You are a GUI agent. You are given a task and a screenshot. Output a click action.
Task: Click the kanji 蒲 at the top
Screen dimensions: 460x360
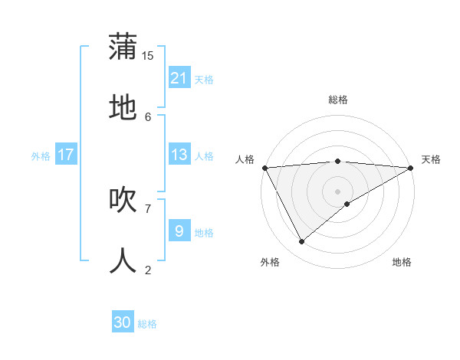(123, 47)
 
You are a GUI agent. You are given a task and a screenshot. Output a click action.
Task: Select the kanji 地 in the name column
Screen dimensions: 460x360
(123, 108)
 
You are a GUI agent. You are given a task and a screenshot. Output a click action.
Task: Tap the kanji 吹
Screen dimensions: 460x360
(123, 199)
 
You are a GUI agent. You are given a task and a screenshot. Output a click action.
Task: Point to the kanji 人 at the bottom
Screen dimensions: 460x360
(123, 260)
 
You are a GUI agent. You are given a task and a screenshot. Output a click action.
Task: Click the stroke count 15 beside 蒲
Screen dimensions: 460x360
(148, 55)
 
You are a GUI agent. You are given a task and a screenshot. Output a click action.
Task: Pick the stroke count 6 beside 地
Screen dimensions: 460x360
(148, 116)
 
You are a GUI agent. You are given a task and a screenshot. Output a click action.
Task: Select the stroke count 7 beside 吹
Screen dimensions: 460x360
(148, 208)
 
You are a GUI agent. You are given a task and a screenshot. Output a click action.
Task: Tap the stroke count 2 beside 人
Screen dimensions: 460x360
(148, 269)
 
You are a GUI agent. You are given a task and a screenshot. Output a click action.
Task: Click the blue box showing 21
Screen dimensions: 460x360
(179, 78)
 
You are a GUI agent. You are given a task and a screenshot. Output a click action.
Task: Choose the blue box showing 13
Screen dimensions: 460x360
(179, 155)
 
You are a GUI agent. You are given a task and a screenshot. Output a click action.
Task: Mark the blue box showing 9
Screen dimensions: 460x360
(179, 231)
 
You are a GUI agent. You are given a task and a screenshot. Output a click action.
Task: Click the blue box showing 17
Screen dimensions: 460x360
(66, 155)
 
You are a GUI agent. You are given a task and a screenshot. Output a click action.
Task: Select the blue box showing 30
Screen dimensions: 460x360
(123, 322)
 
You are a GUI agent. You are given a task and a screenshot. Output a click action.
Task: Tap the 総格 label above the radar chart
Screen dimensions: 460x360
(338, 100)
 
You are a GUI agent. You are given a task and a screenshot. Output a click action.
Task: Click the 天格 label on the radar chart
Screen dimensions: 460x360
(431, 159)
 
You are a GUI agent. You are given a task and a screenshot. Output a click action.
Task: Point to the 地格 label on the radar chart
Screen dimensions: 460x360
(402, 262)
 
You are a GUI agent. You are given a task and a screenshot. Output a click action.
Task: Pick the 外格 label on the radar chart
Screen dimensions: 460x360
(270, 262)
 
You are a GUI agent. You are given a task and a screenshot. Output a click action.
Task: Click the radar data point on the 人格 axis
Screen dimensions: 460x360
(265, 168)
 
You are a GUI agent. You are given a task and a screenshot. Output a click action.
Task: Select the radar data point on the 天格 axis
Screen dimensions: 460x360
(412, 168)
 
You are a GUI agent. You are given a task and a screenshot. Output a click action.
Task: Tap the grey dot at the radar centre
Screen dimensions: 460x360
(338, 191)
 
